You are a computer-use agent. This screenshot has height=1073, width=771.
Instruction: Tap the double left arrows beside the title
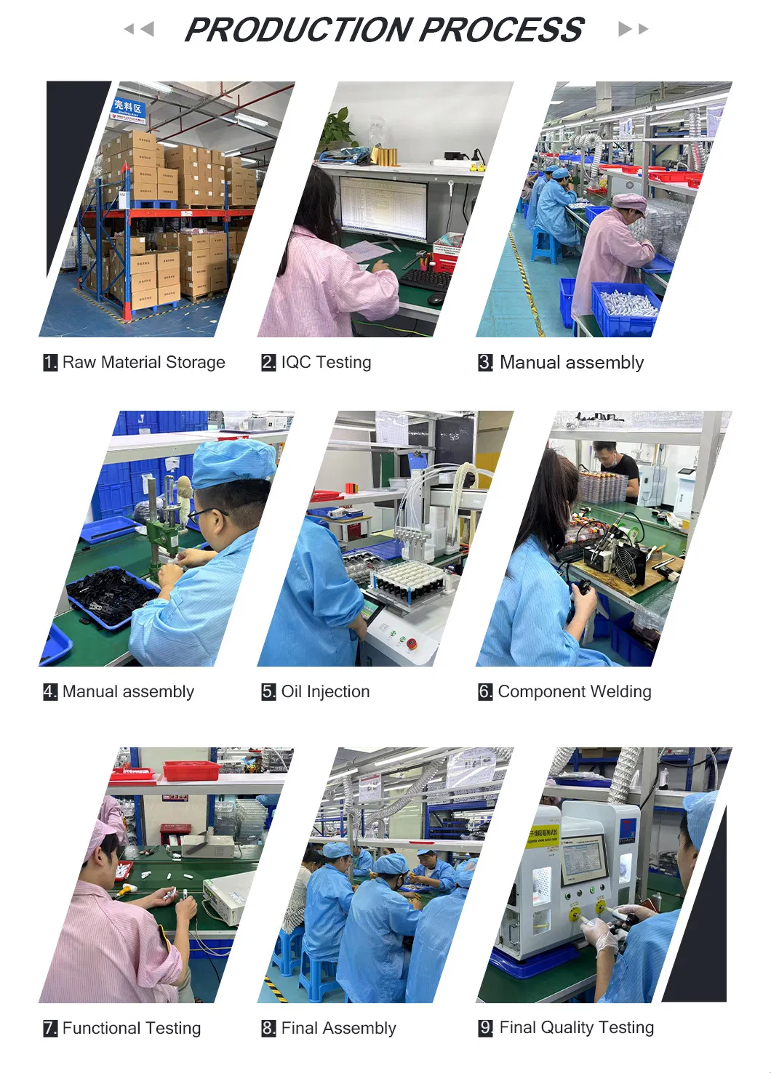point(139,29)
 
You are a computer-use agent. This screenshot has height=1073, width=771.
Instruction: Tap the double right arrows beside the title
point(633,29)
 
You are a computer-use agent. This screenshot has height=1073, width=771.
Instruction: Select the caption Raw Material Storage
point(143,362)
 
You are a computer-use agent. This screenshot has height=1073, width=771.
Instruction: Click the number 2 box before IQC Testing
point(268,362)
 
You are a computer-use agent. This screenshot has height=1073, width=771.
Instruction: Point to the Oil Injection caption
point(325,691)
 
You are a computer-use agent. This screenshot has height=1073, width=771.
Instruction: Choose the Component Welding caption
point(574,691)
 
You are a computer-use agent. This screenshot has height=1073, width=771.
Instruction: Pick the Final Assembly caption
point(338,1028)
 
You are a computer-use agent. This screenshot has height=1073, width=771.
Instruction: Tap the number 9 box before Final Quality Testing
point(486,1028)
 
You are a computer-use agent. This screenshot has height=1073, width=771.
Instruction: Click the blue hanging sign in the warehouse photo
point(129,109)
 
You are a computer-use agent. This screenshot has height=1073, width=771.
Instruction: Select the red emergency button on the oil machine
point(412,643)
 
